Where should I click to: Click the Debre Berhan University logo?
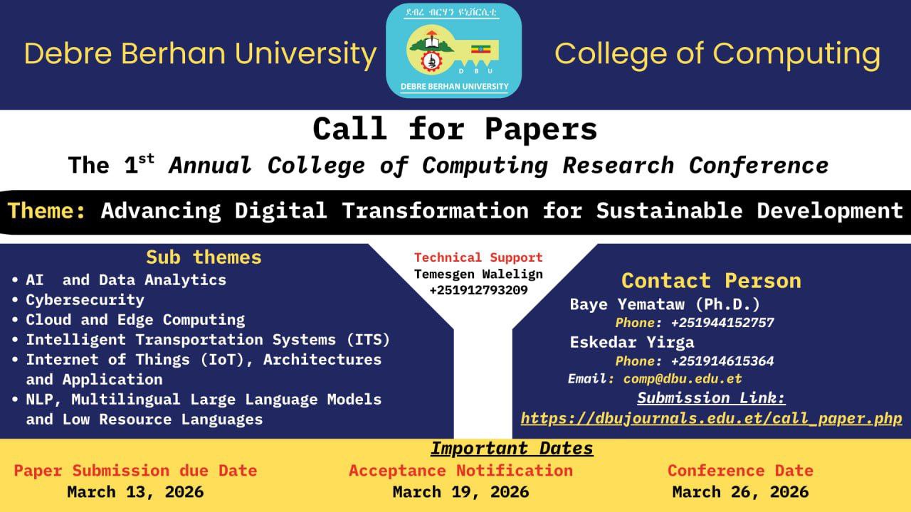[x=453, y=50]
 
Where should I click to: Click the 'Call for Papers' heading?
[x=455, y=129]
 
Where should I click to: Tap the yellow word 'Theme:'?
[x=48, y=211]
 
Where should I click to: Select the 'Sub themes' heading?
[x=204, y=257]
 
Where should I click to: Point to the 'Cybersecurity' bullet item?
[x=85, y=300]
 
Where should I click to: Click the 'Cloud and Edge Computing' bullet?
[x=135, y=320]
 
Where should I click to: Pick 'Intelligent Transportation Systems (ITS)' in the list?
[x=208, y=340]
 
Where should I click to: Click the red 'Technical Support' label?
[x=478, y=257]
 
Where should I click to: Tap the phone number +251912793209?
[x=478, y=290]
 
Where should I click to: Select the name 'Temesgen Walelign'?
[x=478, y=274]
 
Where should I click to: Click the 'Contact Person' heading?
[x=711, y=280]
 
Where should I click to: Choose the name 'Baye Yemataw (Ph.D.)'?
[x=665, y=304]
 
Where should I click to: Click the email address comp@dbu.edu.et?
[x=682, y=379]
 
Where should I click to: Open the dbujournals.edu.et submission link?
[x=711, y=419]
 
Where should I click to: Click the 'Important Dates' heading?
[x=512, y=449]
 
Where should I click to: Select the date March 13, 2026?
[x=135, y=491]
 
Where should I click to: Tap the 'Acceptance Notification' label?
[x=460, y=471]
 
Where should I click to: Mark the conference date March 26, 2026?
[x=740, y=491]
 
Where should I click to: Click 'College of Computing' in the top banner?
[x=717, y=54]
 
